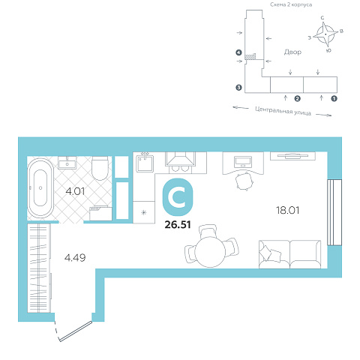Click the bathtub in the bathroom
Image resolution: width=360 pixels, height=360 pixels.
coord(40,188)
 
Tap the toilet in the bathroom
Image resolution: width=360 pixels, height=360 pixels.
coord(100,168)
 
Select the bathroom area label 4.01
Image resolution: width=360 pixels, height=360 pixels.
coord(75,192)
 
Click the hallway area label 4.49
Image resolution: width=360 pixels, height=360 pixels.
coord(75,257)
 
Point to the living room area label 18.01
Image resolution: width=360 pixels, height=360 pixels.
coord(287,210)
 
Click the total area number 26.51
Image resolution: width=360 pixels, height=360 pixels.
coord(178,225)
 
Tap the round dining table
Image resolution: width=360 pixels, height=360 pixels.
coord(210,252)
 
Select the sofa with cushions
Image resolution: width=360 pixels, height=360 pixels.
coord(289,254)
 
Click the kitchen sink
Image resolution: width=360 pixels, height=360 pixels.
coord(145,163)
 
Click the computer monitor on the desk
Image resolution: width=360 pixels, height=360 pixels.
coord(243,162)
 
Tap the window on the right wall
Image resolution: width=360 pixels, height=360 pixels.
coord(334,212)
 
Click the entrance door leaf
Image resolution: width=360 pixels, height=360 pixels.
coord(76,331)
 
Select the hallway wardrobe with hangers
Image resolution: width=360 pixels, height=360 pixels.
coord(39,268)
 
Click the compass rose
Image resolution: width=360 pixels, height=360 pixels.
coord(325,34)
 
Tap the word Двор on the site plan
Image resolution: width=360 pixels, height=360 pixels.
coord(292,52)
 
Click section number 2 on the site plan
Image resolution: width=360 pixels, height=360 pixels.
coord(297,99)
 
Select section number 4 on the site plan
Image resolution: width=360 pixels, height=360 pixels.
coord(239,52)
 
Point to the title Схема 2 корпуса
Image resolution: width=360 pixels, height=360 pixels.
coord(291,4)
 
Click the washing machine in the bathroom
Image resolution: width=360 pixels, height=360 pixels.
coord(100,214)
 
